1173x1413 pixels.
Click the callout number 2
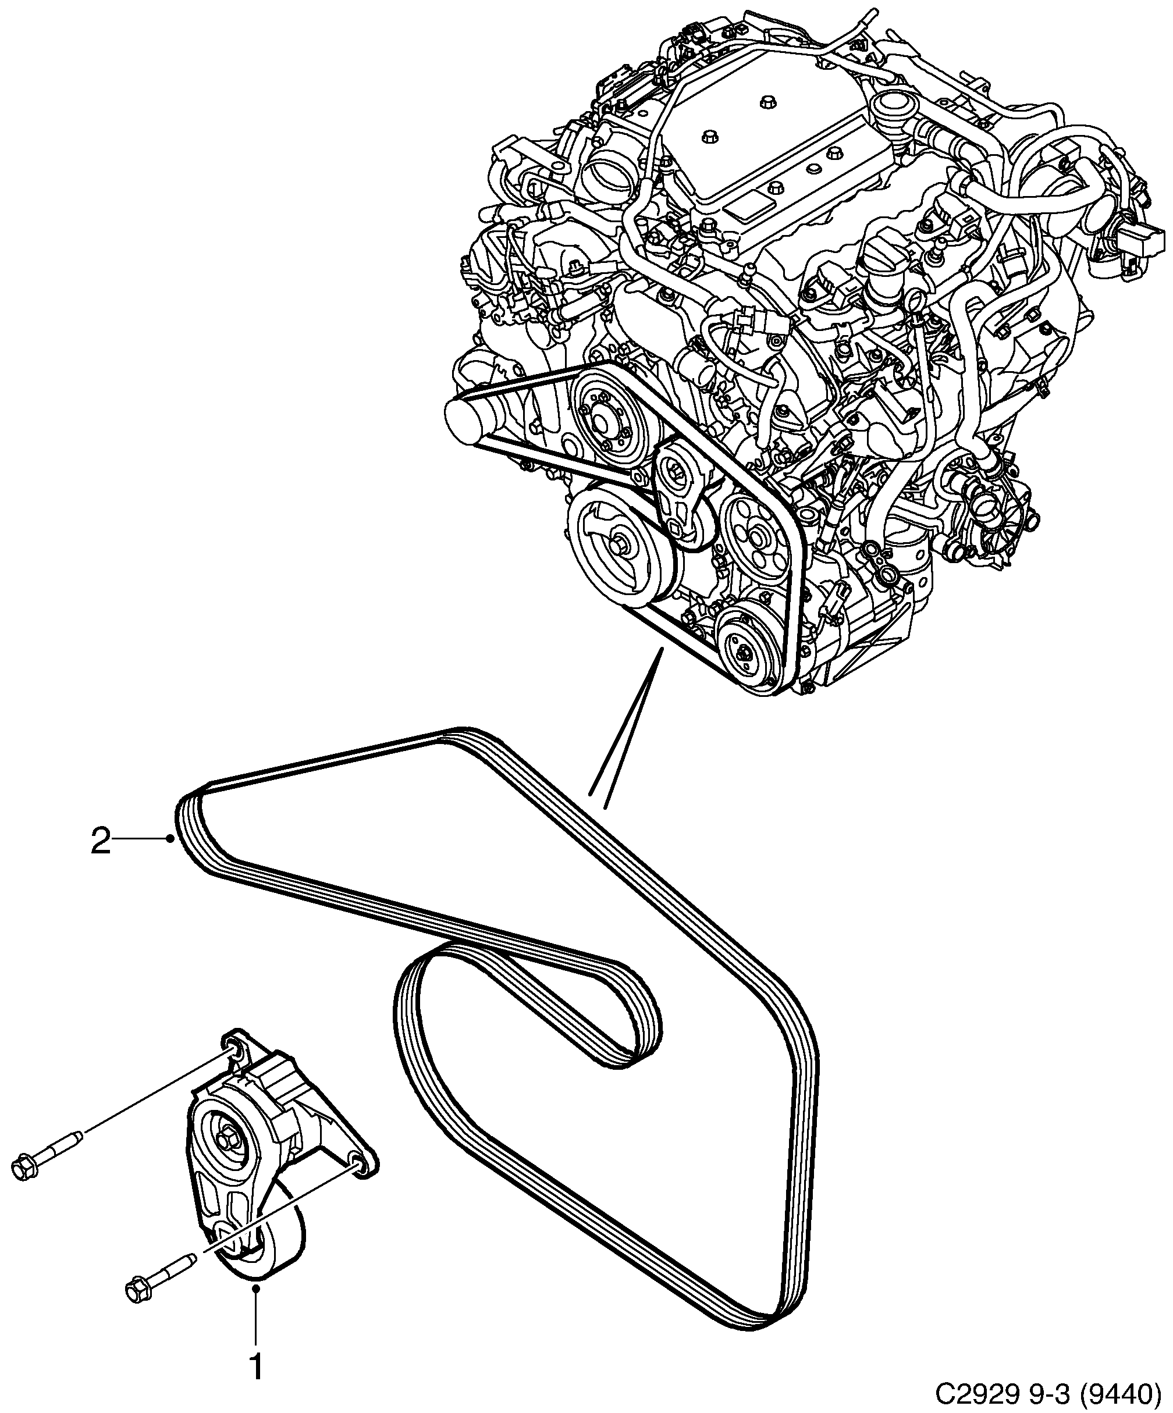tap(101, 842)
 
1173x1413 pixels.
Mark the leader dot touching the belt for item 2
tap(171, 838)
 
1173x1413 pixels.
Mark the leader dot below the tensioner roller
tap(256, 1289)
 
